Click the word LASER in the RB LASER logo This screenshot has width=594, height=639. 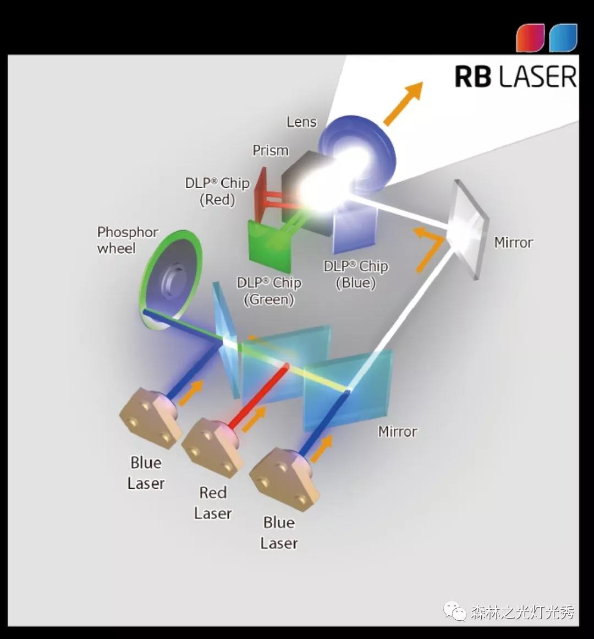point(538,77)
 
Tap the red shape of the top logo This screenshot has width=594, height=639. point(530,37)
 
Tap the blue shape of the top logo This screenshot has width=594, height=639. point(563,37)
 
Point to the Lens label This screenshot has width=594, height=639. point(301,122)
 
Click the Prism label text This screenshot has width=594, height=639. point(270,150)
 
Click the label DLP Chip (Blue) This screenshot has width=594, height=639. point(356,274)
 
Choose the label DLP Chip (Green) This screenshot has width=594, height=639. point(269,291)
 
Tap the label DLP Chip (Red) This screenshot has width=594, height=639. point(217,191)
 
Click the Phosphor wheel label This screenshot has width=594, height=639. point(127,240)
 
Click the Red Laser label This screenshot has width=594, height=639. point(212,503)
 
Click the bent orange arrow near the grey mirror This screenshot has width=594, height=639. point(428,248)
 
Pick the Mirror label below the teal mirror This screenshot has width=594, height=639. point(397,432)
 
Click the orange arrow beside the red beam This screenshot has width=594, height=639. point(254,420)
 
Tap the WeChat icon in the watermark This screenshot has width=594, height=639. point(455,611)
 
